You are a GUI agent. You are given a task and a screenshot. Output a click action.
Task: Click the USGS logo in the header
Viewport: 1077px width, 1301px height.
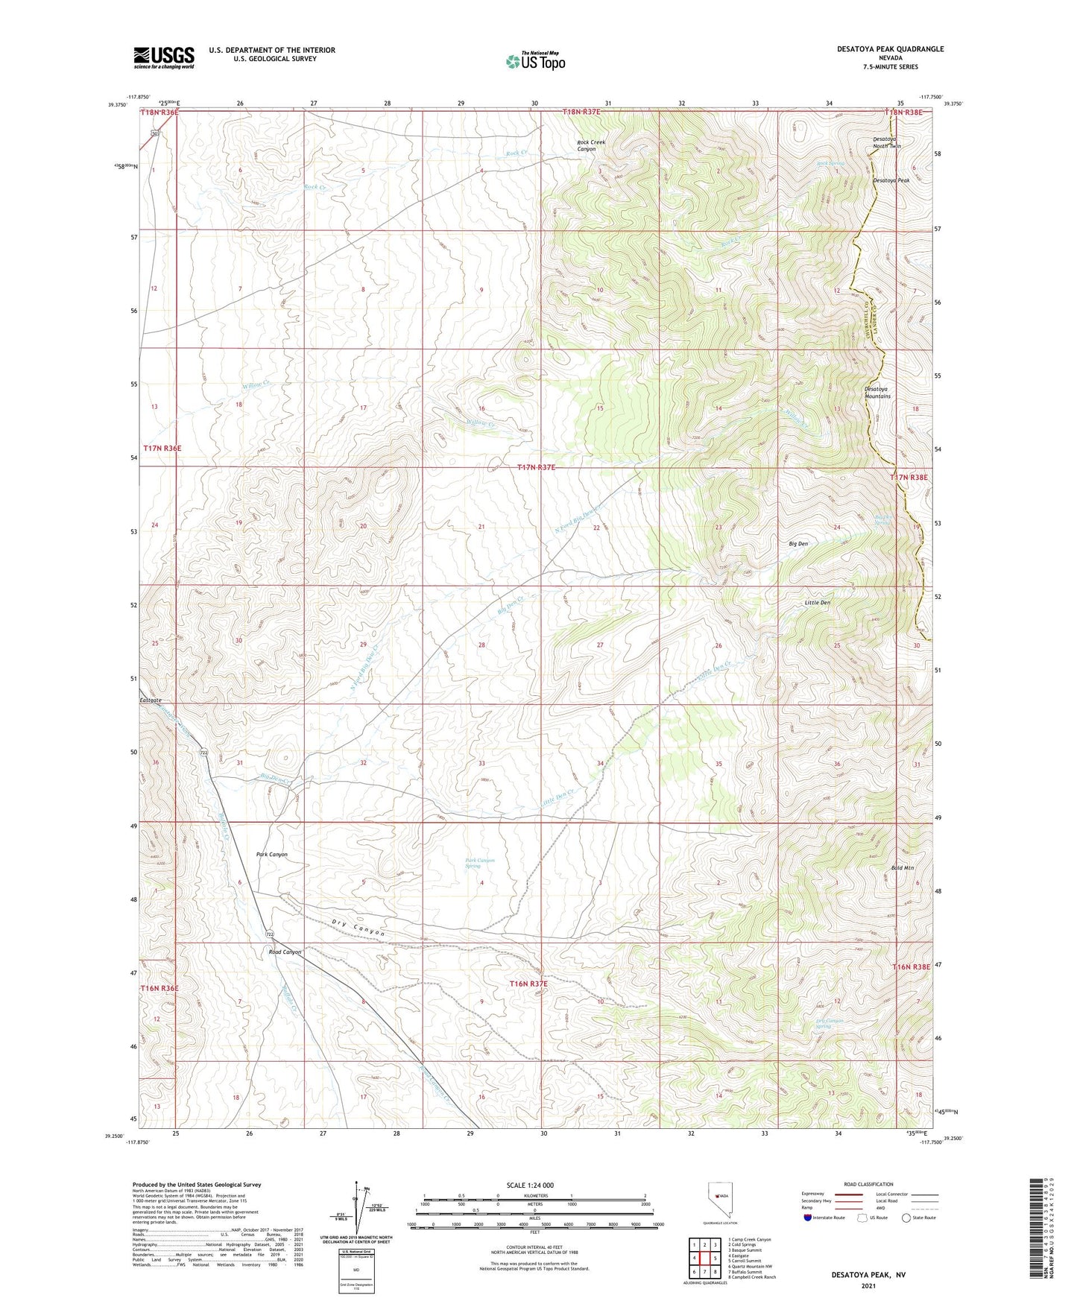click(x=164, y=57)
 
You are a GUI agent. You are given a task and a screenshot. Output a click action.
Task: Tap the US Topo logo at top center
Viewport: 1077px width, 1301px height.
click(x=534, y=61)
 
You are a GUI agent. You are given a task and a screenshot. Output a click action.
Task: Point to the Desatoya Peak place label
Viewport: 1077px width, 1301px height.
click(x=891, y=180)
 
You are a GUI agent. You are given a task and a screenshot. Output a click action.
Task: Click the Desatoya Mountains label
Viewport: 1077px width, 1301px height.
click(x=877, y=393)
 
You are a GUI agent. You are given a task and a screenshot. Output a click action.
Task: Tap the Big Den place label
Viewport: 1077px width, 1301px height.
click(x=798, y=544)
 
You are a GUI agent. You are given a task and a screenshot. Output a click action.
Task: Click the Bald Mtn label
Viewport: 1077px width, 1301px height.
click(x=903, y=868)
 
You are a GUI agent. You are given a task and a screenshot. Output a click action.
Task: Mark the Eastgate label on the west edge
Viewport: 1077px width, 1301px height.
click(x=150, y=700)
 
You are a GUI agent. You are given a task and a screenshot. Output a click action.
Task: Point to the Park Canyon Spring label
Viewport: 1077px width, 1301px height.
click(x=479, y=864)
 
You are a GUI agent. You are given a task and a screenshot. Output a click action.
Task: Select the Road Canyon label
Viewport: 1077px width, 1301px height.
click(x=285, y=952)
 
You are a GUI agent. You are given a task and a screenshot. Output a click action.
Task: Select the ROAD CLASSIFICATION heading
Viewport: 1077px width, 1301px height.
click(x=868, y=1184)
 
